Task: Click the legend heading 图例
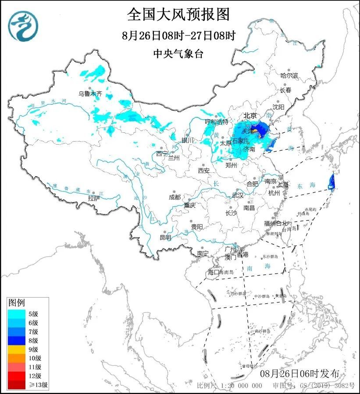click(17, 303)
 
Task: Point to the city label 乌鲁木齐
click(90, 93)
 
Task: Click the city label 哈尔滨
click(289, 75)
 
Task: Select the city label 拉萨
click(94, 199)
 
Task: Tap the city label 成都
click(175, 197)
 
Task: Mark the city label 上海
click(283, 185)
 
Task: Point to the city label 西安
click(204, 170)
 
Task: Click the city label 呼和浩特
click(217, 121)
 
